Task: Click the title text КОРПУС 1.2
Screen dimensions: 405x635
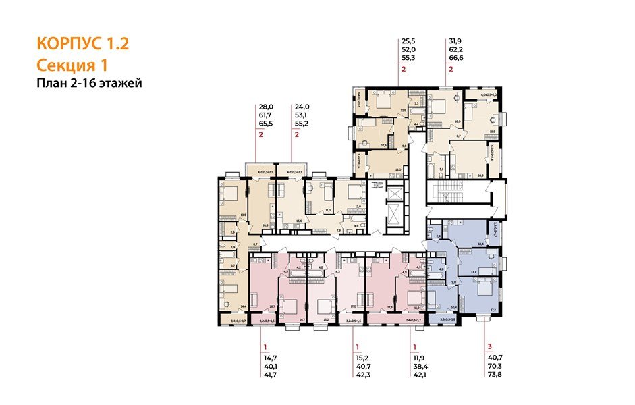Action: coord(82,45)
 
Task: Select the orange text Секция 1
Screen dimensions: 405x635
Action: coord(72,65)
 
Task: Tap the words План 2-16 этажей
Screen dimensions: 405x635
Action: coord(90,83)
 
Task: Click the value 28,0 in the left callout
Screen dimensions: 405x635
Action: coord(266,107)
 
